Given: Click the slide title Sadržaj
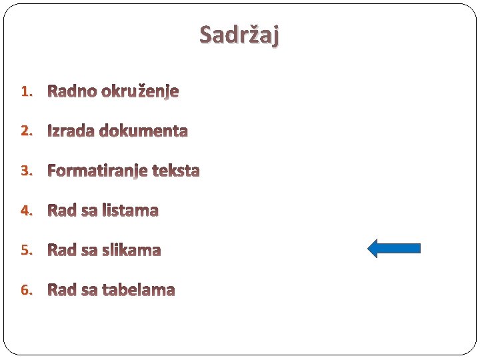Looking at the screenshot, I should coord(239,34).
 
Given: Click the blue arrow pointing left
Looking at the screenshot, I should coord(394,249).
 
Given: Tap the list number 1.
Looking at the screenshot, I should coord(26,91).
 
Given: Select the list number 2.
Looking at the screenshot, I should coord(26,131).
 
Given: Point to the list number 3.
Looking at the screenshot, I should coord(26,171).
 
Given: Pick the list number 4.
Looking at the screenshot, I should coord(26,211).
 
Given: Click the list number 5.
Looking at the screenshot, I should coord(26,251).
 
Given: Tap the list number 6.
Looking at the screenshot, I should coord(26,291).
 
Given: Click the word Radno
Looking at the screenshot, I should coord(72,91).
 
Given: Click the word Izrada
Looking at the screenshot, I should coord(71,131).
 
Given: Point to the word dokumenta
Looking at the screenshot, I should coord(143,131).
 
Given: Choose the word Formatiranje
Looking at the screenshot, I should coord(97,171).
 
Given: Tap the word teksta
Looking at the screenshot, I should coord(175,171).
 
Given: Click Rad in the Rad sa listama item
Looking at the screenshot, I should coord(61,211).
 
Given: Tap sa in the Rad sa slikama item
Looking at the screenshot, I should coord(89,251).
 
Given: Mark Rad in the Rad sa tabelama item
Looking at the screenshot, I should coord(61,291).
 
